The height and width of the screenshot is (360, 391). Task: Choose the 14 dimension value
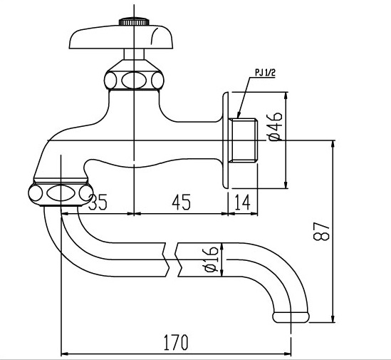(243, 203)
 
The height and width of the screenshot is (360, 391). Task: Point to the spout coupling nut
(61, 192)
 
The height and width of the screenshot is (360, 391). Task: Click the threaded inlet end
(245, 140)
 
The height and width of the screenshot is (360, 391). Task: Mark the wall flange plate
(226, 140)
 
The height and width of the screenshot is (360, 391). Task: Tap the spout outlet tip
(291, 314)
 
